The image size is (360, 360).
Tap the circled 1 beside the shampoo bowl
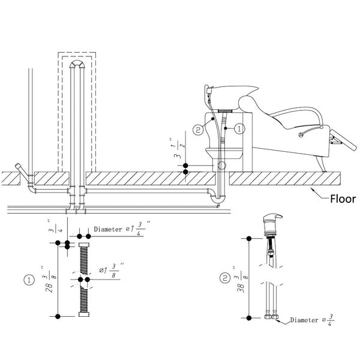pos(238,128)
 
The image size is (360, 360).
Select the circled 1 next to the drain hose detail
pos(28,279)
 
